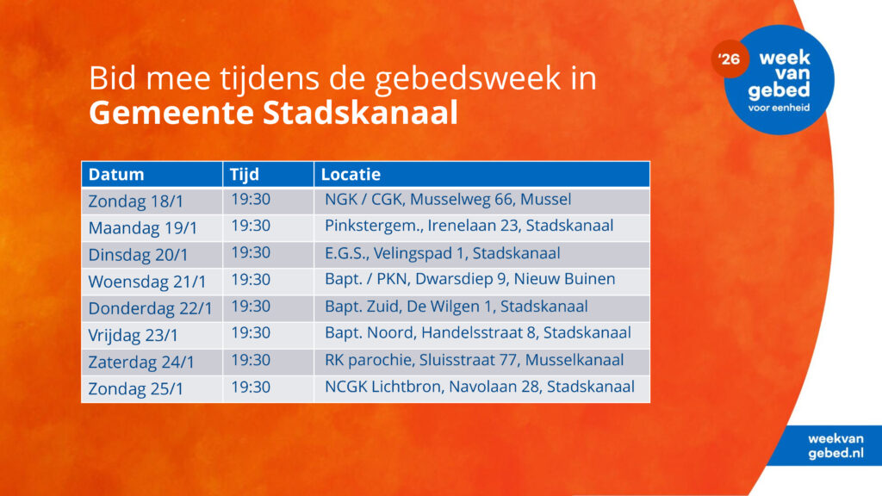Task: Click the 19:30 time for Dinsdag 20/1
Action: click(x=251, y=252)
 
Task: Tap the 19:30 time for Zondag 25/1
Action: click(x=251, y=387)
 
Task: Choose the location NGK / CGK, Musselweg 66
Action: click(x=448, y=199)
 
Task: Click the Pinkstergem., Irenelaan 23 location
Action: click(x=469, y=226)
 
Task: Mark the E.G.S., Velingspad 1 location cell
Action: click(x=442, y=253)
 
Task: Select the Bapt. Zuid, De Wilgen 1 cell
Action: click(x=457, y=307)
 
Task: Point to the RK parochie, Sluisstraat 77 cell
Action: click(x=475, y=360)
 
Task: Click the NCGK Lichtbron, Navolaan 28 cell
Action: click(x=480, y=387)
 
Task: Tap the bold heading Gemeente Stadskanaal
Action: click(x=273, y=113)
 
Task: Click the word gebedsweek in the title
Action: click(x=468, y=78)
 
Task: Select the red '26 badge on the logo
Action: click(x=730, y=59)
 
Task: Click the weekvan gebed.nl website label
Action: click(x=835, y=446)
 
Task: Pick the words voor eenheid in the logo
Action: click(x=779, y=108)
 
